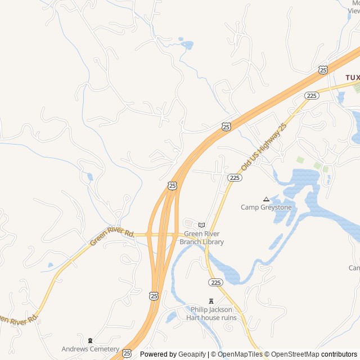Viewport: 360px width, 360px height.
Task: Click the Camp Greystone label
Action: click(x=266, y=207)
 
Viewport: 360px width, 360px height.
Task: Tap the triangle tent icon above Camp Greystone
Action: click(x=266, y=199)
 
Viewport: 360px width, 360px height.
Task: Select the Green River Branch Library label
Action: click(x=201, y=238)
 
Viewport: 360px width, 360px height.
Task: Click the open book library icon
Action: click(x=201, y=225)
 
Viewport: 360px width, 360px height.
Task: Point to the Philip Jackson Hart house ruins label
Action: click(x=211, y=313)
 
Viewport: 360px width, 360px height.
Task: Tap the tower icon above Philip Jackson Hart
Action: click(x=211, y=301)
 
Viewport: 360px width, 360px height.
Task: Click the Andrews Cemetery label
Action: click(x=91, y=349)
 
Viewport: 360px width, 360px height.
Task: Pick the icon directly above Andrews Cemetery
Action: click(x=91, y=340)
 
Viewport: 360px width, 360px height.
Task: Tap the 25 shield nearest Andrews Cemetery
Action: click(x=127, y=353)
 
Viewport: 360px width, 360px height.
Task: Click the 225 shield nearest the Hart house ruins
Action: click(x=216, y=282)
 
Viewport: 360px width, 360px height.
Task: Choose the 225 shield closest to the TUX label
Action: click(x=312, y=96)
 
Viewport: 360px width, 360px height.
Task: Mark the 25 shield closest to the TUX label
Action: click(x=322, y=69)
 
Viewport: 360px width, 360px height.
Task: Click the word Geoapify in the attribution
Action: click(x=191, y=354)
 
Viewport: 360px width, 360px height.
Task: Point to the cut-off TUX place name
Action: click(x=352, y=77)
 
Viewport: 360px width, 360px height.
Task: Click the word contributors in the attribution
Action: click(x=340, y=354)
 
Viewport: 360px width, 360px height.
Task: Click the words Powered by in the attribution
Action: click(x=158, y=354)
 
